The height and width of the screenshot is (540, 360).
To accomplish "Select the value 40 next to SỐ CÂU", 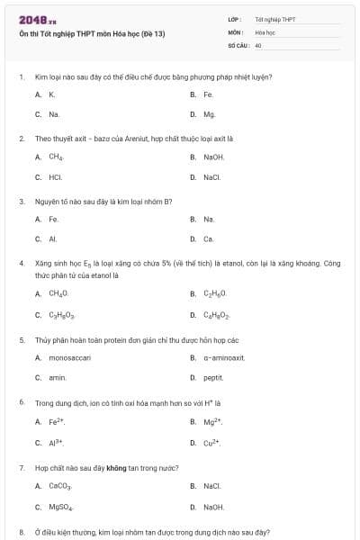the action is click(x=258, y=44).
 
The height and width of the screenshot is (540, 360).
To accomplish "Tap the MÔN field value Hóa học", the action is click(x=265, y=31).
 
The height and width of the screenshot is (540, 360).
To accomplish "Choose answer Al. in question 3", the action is click(x=53, y=239).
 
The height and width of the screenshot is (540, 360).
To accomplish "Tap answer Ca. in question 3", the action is click(x=208, y=239).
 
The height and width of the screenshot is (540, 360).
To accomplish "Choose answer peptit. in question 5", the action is click(x=212, y=378).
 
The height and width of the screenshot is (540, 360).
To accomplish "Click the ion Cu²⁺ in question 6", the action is click(x=212, y=442).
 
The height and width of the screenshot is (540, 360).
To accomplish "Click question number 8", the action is click(x=22, y=532).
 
